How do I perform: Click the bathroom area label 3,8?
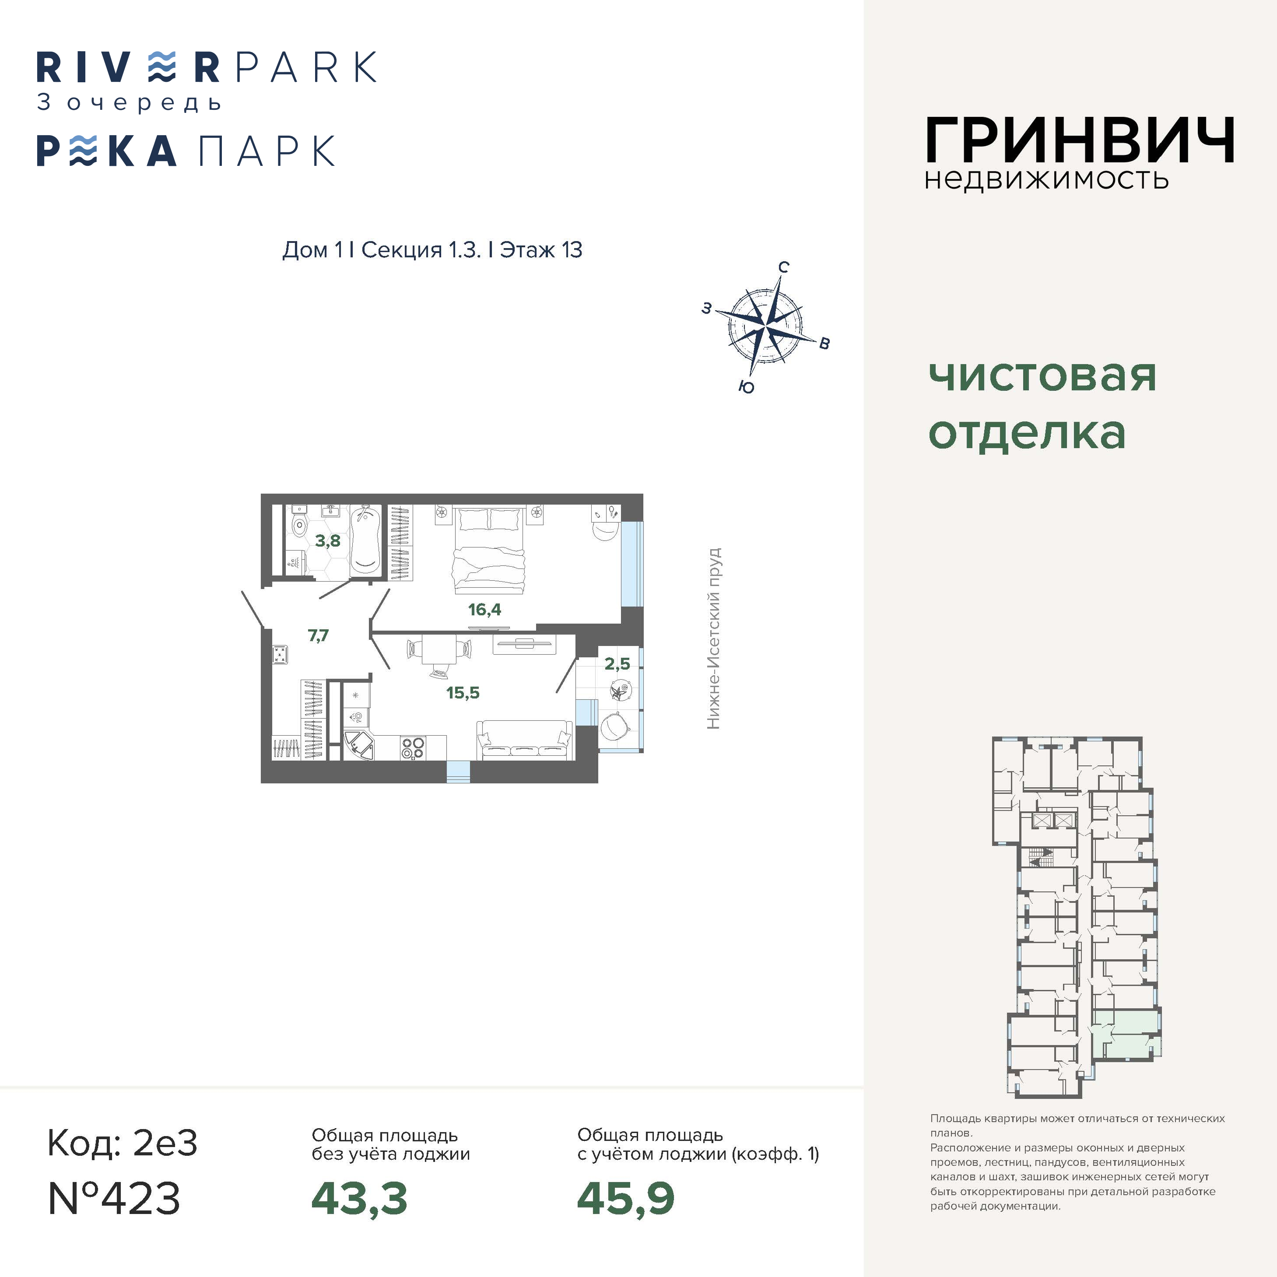point(327,540)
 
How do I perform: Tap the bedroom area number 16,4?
point(484,610)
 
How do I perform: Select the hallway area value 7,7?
point(318,635)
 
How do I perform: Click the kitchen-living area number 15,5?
point(463,693)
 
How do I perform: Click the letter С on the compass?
point(783,267)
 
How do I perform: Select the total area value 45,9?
point(625,1198)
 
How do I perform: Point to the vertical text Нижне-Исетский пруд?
point(713,638)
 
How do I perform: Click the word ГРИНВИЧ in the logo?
point(1079,140)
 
